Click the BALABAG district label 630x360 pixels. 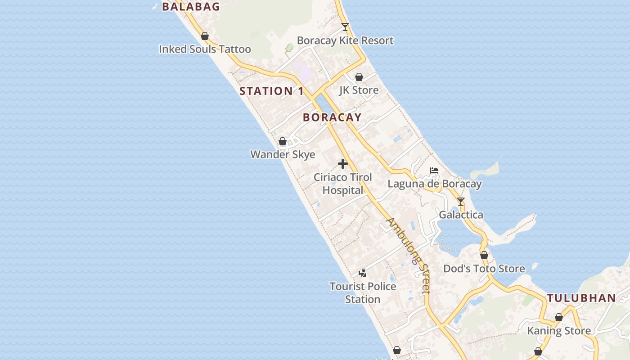(x=191, y=7)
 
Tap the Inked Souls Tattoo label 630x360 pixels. (x=205, y=49)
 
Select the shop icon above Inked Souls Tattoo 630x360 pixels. (x=205, y=36)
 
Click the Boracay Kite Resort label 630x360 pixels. (x=345, y=40)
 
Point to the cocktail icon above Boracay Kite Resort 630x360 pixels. (x=345, y=27)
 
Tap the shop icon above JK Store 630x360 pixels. (x=359, y=77)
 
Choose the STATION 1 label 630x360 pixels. (x=271, y=91)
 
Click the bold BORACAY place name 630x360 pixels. (x=332, y=117)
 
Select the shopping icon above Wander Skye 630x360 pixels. (x=283, y=141)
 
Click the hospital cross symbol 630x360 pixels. (x=343, y=164)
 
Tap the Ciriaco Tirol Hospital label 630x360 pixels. (x=343, y=184)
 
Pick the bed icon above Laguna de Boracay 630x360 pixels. (x=434, y=171)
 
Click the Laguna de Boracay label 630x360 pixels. (x=435, y=184)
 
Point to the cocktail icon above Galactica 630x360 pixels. (x=461, y=202)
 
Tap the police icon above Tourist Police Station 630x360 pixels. (x=362, y=273)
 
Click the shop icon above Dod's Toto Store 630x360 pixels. (x=484, y=256)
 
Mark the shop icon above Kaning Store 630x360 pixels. (x=559, y=317)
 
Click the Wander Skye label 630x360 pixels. (x=283, y=154)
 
